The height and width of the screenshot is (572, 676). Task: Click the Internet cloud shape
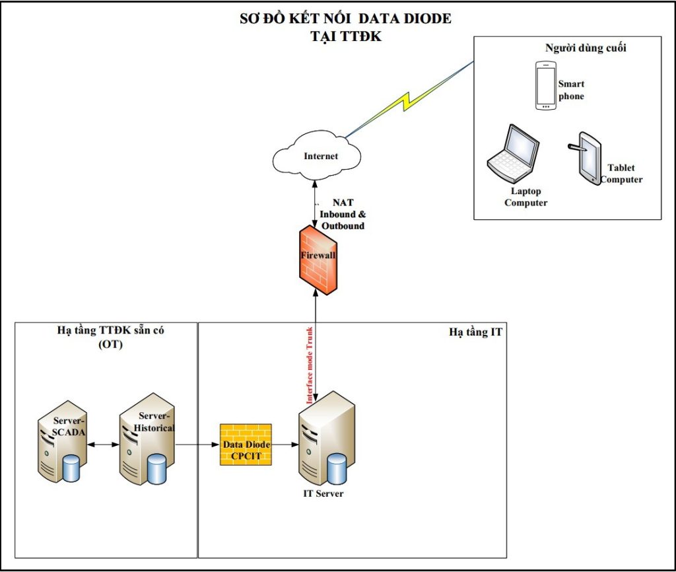[317, 156]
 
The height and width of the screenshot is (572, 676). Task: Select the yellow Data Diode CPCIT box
[246, 445]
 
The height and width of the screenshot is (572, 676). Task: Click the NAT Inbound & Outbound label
[343, 214]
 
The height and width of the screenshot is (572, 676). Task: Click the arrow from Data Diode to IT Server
[285, 445]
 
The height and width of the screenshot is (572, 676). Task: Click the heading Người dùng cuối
[585, 48]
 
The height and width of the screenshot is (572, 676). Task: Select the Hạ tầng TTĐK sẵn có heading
[106, 330]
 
